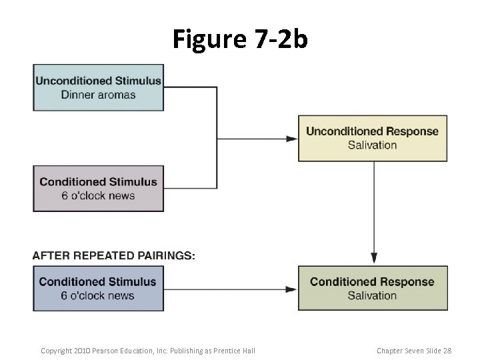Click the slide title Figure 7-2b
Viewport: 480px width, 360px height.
[240, 39]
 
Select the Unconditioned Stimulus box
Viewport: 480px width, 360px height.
[99, 87]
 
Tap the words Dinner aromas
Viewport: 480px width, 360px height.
[98, 95]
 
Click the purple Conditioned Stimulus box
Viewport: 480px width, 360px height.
[99, 188]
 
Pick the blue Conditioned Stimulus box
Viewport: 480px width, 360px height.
[99, 288]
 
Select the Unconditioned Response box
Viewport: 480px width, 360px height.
[372, 138]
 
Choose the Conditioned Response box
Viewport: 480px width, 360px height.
[372, 288]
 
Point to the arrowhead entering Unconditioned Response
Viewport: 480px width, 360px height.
[292, 139]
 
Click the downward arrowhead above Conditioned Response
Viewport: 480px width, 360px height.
[374, 258]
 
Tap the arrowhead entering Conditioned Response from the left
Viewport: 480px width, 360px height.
[292, 289]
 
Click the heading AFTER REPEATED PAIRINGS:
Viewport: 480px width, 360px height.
[114, 256]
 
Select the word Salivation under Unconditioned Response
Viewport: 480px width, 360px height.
[372, 145]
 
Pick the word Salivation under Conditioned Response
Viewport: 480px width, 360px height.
[372, 295]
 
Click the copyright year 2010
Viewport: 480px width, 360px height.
[79, 351]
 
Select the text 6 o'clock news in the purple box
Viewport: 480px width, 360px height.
[98, 195]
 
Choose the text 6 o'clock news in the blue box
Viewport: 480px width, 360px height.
[98, 295]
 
